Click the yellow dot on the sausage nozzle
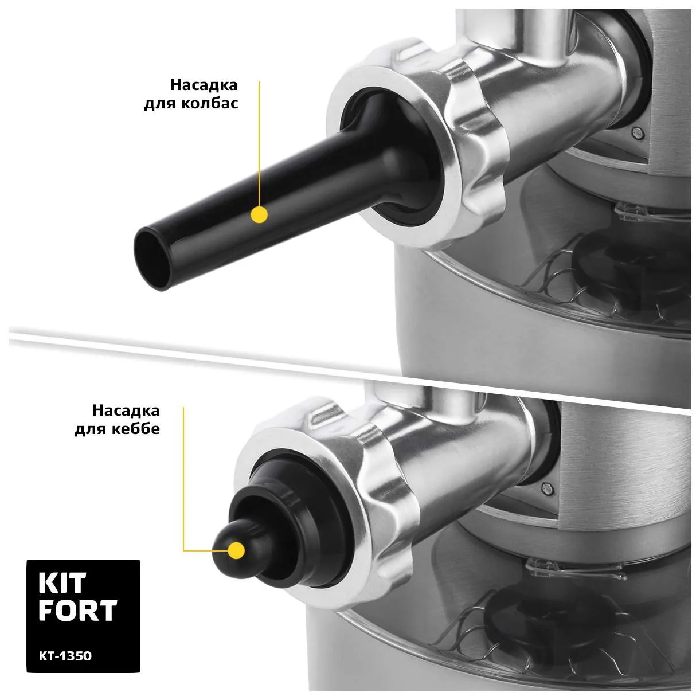[259, 214]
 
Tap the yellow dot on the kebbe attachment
[236, 550]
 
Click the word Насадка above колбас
[204, 85]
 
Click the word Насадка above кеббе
[126, 410]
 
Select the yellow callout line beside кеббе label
[184, 479]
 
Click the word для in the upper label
[160, 104]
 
